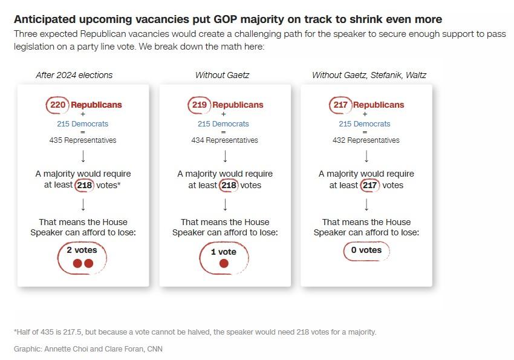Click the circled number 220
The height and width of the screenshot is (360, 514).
point(58,105)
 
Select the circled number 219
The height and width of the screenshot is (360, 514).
point(200,105)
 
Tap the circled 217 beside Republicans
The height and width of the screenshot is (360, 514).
point(340,105)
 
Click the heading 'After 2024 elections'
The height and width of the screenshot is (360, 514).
point(74,75)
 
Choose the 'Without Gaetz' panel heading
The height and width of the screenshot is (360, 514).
point(222,75)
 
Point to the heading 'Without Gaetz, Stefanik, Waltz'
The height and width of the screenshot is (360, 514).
point(369,75)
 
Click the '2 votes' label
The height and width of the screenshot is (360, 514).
point(82,250)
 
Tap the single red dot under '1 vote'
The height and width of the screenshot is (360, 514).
point(224,263)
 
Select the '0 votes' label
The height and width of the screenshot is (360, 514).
point(366,250)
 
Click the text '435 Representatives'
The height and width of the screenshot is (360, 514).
point(83,140)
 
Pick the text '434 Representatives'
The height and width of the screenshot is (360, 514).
point(224,140)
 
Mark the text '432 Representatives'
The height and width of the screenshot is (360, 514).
point(366,140)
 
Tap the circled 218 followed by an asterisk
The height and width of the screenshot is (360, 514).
point(84,185)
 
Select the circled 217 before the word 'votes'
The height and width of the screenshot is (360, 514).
point(369,185)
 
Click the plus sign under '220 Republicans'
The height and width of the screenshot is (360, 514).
point(83,114)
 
